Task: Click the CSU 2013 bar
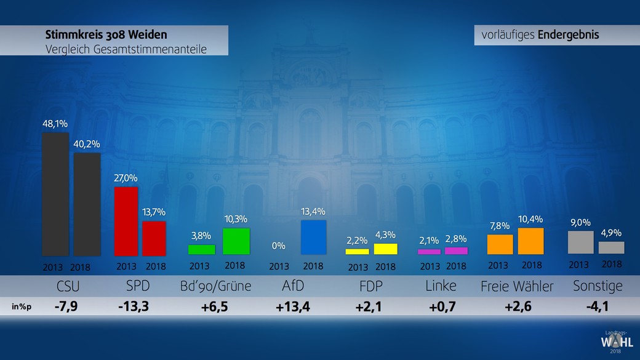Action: coord(55,194)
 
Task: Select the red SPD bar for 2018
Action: coord(154,238)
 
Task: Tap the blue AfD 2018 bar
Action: coord(313,237)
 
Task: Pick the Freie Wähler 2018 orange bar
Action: coord(531,241)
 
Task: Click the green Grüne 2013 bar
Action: coord(201,249)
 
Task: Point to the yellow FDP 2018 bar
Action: coord(386,249)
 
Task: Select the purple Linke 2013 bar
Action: coord(430,252)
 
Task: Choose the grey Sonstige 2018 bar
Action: coord(611,247)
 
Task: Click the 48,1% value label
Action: coord(55,124)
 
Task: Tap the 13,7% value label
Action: coord(154,212)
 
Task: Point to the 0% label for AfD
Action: coord(279,246)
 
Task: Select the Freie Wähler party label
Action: coord(517,286)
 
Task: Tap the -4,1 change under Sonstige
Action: coord(597,306)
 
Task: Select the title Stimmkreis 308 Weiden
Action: coord(106,34)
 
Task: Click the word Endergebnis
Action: coord(568,35)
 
